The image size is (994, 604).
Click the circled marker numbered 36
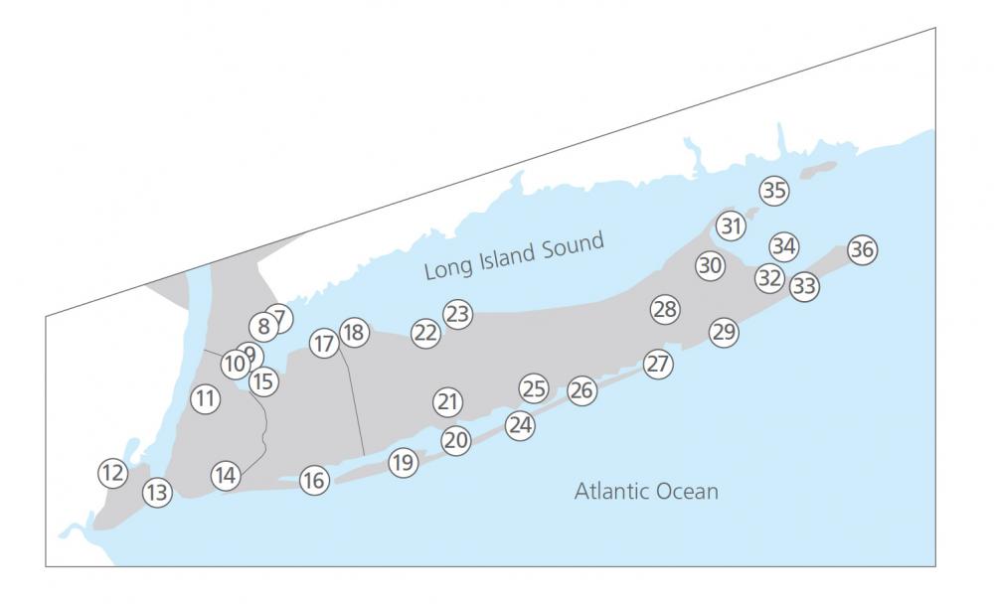863,250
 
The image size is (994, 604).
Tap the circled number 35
773,190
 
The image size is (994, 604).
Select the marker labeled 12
113,473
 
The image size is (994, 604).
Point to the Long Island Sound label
514,256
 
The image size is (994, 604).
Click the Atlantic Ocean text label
646,491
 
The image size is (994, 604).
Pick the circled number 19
403,462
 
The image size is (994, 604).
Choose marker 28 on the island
665,309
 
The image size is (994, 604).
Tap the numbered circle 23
457,314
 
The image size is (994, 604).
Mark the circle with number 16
314,481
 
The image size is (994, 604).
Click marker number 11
205,399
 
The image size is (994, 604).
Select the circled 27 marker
657,364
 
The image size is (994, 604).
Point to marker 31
732,226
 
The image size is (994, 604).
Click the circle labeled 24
520,425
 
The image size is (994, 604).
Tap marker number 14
226,475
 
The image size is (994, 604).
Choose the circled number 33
804,287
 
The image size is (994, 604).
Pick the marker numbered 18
354,332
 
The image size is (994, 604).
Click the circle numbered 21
448,401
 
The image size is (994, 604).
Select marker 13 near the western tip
157,492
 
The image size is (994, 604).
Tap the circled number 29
724,332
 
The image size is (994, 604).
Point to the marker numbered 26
582,390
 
